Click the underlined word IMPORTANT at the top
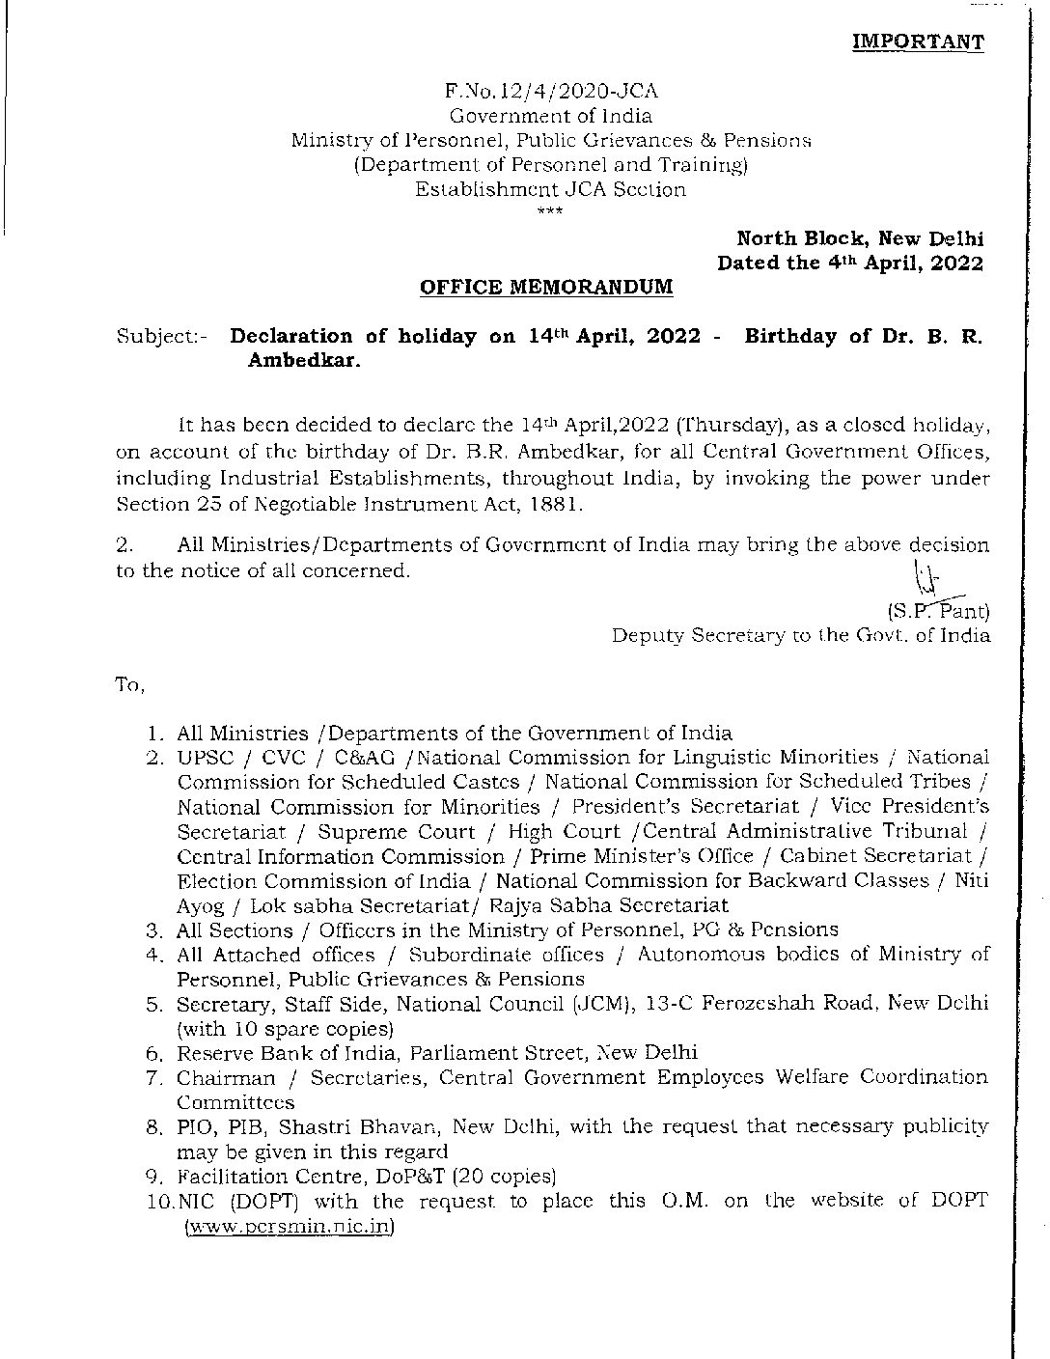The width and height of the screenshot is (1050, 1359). point(918,42)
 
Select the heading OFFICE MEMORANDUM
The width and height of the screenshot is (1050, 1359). point(547,287)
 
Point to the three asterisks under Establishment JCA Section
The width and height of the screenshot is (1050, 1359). point(550,209)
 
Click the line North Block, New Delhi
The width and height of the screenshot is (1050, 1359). point(860,238)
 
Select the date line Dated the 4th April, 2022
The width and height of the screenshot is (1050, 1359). point(850,263)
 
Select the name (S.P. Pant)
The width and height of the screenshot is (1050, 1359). point(937,610)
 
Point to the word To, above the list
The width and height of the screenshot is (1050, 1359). point(129,685)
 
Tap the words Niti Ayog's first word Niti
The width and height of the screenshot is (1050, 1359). point(972,880)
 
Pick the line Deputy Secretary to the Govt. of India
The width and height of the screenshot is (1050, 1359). point(801,635)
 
